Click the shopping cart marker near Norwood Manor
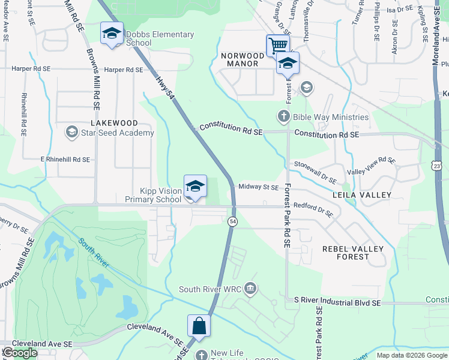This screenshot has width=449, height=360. click(x=278, y=45)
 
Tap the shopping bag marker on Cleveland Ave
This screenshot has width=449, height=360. click(x=199, y=326)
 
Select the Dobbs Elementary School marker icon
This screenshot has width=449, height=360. click(x=112, y=34)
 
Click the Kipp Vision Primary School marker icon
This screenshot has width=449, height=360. click(x=195, y=187)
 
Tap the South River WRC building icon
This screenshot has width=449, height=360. click(x=250, y=289)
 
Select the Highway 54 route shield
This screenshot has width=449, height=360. click(x=232, y=222)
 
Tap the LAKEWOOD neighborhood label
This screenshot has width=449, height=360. click(x=113, y=123)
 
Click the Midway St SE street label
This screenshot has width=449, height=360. click(x=259, y=187)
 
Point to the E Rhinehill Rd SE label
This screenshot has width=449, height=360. click(x=65, y=160)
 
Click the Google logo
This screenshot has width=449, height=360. click(x=20, y=353)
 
